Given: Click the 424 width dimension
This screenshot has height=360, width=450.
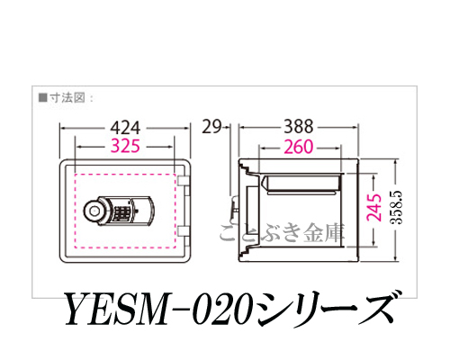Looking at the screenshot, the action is (125, 128).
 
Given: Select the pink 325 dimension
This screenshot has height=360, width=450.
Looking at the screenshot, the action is (125, 147).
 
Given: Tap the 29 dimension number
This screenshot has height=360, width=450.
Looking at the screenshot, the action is (211, 127).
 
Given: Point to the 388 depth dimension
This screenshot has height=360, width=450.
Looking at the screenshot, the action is (299, 127).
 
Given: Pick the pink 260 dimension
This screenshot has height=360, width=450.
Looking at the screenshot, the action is (299, 147).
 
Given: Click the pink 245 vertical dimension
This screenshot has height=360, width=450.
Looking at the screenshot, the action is (374, 208).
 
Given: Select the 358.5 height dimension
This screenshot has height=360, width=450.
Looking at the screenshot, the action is (397, 208).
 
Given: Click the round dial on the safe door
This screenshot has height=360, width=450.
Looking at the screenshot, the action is (94, 210).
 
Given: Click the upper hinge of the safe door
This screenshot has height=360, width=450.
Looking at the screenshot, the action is (184, 181).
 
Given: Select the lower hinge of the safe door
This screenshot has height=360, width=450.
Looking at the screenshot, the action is (184, 231).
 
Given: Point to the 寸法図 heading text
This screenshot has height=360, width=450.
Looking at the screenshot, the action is (67, 98).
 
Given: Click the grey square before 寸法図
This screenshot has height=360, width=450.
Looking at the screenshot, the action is (43, 98).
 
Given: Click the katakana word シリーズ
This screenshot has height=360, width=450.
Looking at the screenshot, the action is (325, 309).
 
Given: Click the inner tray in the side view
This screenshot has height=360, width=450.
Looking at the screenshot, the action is (301, 184).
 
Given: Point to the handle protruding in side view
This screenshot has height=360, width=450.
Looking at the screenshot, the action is (234, 208).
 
